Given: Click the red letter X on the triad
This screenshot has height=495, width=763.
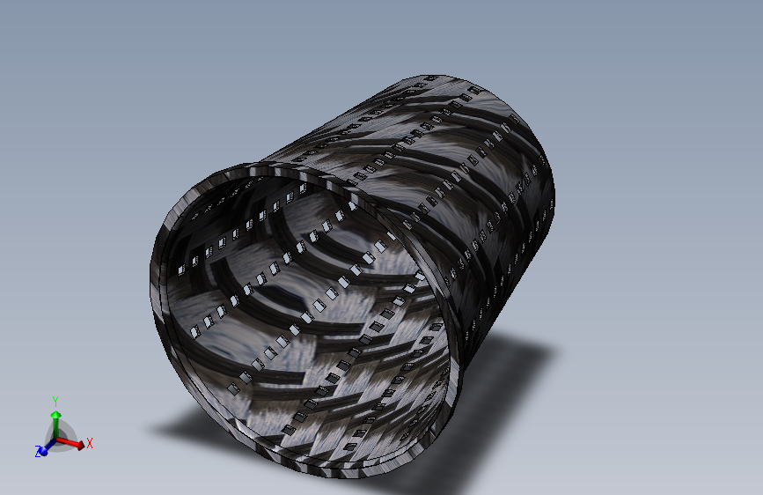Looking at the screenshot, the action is click(90, 443).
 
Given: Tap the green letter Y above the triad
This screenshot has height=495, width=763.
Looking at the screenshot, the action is click(55, 402).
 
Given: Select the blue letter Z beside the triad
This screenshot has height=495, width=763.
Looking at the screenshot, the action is click(38, 452).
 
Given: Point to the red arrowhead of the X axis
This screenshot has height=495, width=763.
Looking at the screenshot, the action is click(79, 445).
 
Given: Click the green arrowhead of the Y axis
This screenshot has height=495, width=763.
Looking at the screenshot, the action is click(56, 415).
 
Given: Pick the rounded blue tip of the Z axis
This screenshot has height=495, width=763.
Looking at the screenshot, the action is click(44, 452).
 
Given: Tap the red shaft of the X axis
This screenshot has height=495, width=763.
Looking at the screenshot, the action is click(66, 441).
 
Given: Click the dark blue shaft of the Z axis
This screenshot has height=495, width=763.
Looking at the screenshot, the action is click(51, 446).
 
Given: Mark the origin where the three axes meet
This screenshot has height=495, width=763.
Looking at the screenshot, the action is click(56, 440).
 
